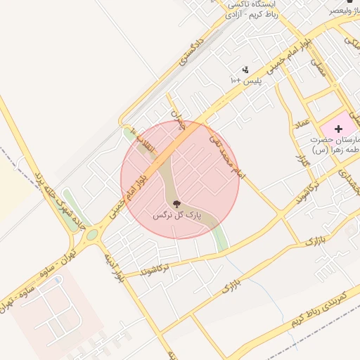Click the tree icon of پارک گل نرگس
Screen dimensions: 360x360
click(x=176, y=205)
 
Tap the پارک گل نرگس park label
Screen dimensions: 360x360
click(x=177, y=214)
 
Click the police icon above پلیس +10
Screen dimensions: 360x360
click(x=245, y=70)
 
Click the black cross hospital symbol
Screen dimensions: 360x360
click(x=338, y=129)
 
